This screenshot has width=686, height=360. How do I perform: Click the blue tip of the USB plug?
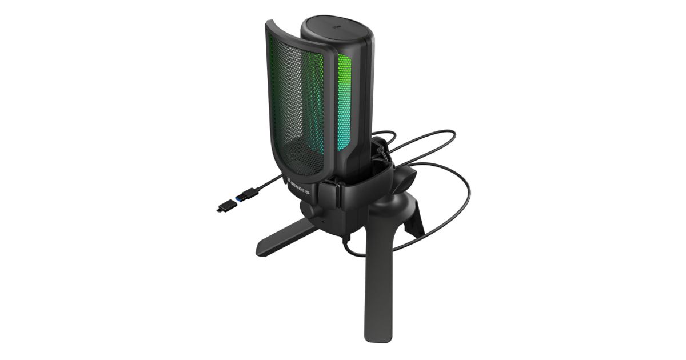238,199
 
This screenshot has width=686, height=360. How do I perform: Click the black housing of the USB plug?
249,194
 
